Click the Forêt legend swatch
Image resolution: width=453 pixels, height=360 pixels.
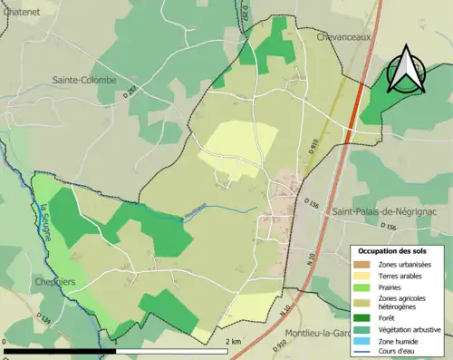pos(363,317)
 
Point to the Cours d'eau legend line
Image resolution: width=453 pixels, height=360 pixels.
pos(363,352)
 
